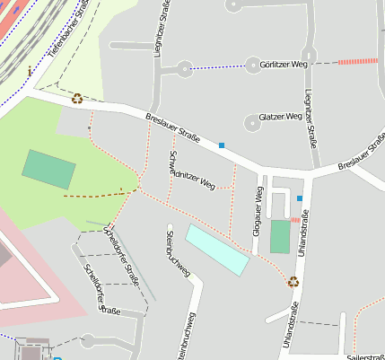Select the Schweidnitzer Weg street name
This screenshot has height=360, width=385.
click(192, 171)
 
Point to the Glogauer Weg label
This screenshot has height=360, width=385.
click(259, 208)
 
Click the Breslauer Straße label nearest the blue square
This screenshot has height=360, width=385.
click(171, 126)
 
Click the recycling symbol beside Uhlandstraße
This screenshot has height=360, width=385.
click(293, 281)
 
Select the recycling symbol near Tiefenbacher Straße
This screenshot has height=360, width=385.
click(77, 99)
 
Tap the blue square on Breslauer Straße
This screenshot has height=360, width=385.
click(221, 145)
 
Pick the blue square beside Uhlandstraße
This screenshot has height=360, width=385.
click(300, 198)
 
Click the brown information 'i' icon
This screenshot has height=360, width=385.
click(30, 70)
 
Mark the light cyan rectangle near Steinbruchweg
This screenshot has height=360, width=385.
click(217, 250)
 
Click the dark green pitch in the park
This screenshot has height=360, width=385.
click(49, 169)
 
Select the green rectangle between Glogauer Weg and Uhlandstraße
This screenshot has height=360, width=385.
click(280, 236)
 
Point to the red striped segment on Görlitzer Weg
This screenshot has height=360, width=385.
click(358, 61)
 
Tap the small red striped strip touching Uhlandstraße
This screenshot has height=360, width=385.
click(295, 219)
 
